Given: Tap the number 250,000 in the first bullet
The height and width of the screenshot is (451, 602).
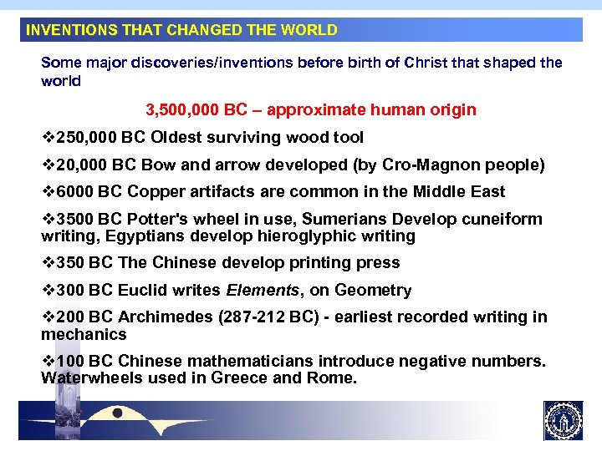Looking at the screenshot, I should tap(86, 137).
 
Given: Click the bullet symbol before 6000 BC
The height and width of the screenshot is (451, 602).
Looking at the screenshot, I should tap(48, 192).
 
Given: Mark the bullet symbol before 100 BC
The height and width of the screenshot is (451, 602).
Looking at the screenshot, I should tap(48, 361).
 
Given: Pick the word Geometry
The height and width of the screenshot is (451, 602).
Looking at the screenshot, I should tap(373, 291).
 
